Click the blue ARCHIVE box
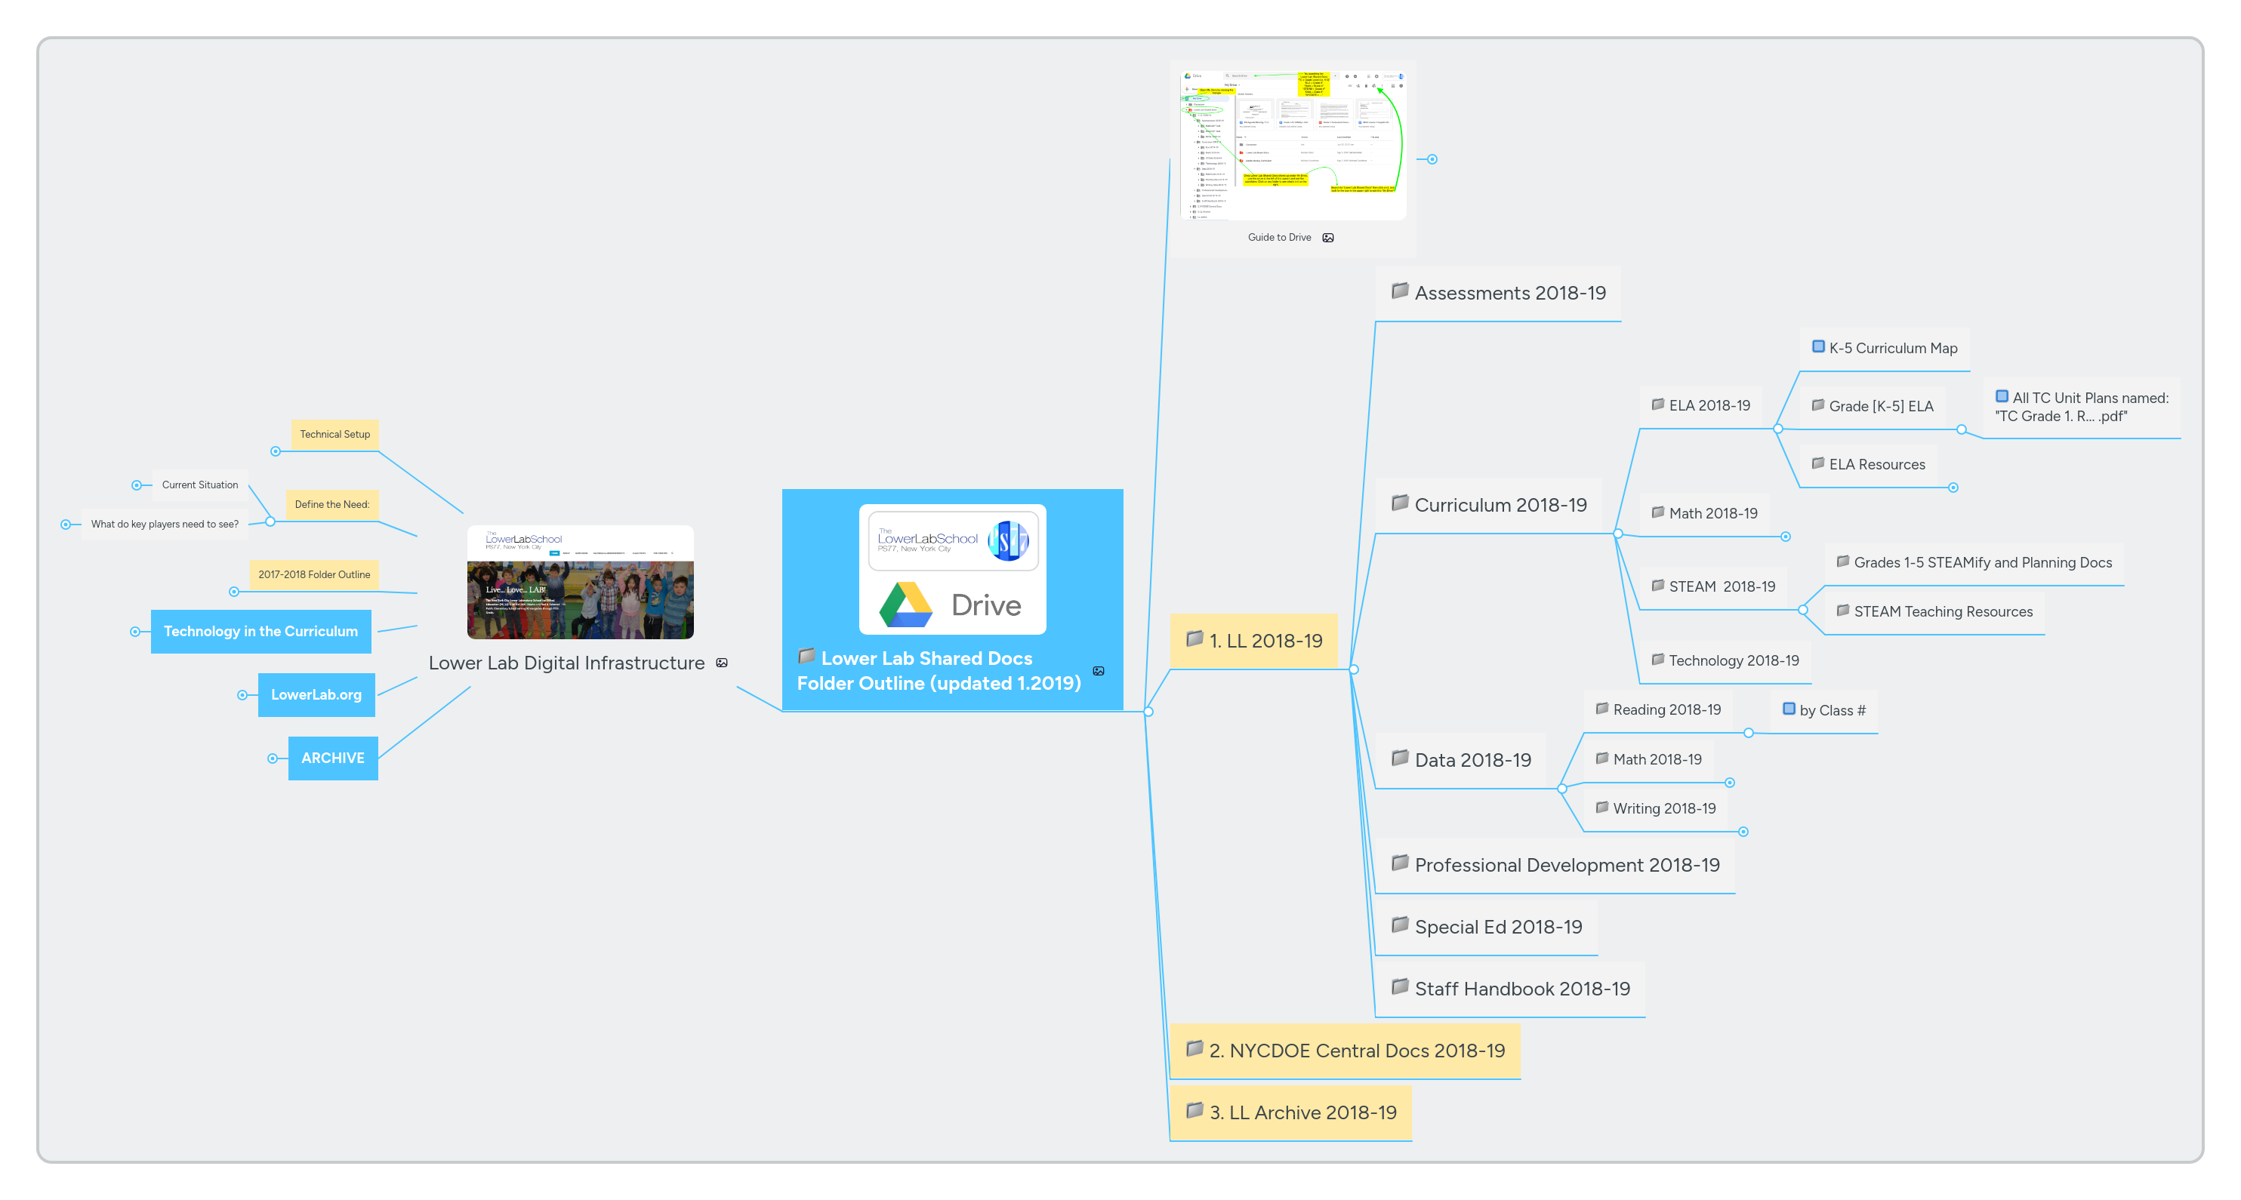click(x=332, y=758)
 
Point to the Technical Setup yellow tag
click(x=335, y=434)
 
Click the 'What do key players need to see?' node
click(x=165, y=525)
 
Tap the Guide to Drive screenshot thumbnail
click(x=1293, y=144)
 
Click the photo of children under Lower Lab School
click(x=580, y=600)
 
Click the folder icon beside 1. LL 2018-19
click(x=1194, y=638)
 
